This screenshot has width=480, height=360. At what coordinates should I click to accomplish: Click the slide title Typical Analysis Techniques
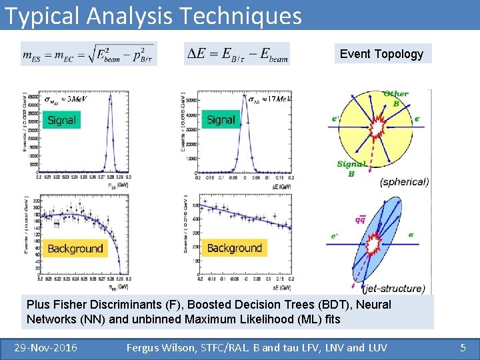point(153,15)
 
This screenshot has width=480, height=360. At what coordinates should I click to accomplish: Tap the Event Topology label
point(381,54)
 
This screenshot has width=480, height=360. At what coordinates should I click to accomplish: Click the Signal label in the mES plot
point(61,120)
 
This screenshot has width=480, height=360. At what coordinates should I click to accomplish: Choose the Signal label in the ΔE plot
point(221,119)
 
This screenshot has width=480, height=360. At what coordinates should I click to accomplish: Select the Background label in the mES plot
point(75,249)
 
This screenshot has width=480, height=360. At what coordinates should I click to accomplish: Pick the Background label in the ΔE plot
point(234,248)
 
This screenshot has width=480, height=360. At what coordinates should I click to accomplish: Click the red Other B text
point(396,98)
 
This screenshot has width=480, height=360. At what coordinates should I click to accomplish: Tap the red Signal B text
point(351,169)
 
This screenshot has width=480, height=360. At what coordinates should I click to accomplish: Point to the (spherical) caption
point(404,181)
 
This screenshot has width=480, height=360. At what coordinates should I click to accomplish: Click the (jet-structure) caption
point(393,289)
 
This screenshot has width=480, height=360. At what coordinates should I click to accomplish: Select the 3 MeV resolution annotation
point(66,99)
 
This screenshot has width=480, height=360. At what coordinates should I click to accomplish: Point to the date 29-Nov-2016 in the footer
point(46,347)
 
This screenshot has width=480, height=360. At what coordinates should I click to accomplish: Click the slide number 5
point(463,347)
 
